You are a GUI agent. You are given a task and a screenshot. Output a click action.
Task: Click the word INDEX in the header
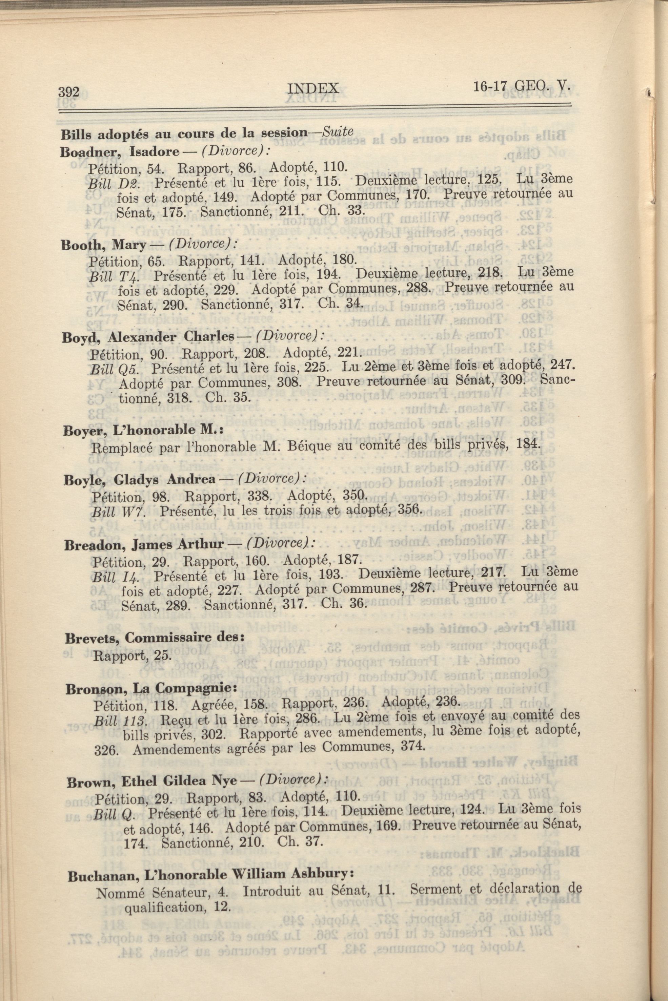[313, 88]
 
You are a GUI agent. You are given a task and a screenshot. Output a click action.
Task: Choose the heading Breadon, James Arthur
[144, 545]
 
